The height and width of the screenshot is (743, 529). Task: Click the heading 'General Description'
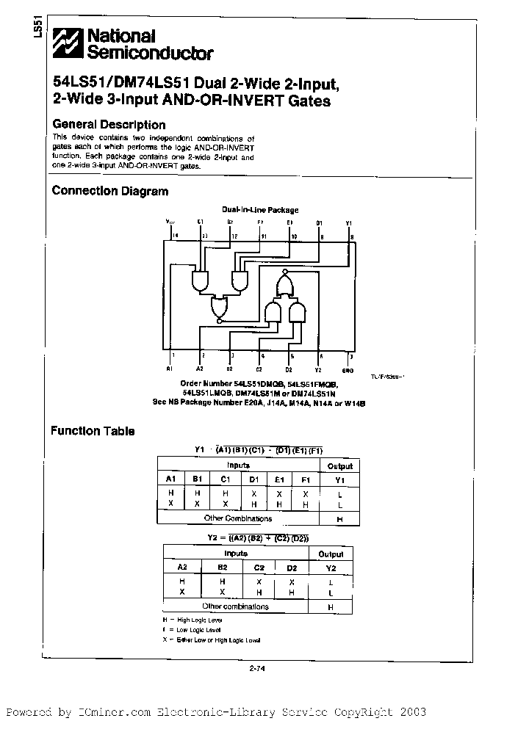point(109,125)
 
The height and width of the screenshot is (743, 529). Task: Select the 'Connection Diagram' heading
point(110,191)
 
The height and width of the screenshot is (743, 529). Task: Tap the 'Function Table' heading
point(93,431)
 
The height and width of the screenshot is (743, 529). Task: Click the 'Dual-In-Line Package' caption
point(260,210)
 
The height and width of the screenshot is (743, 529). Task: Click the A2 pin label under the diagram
point(200,369)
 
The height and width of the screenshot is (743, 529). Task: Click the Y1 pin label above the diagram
point(349,221)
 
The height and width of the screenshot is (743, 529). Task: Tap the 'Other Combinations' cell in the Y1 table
point(238,518)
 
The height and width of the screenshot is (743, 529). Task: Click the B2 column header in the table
point(221,568)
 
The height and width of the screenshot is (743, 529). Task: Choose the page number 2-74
point(256,667)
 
